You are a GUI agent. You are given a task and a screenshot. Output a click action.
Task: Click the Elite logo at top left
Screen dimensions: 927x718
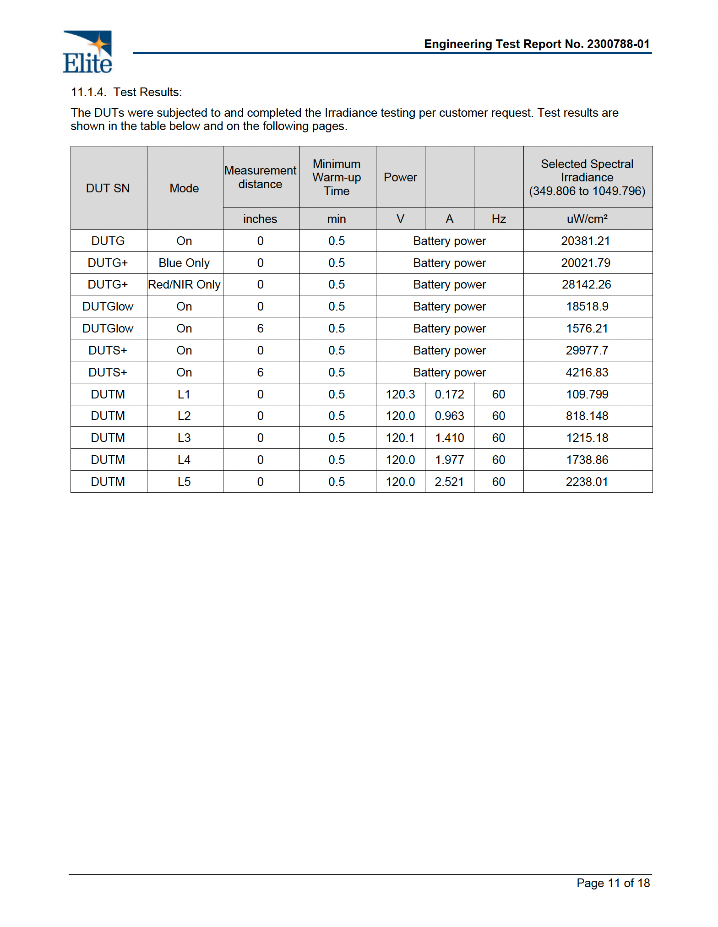[x=87, y=52]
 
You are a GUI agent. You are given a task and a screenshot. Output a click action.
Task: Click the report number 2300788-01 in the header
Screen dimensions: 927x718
[x=618, y=44]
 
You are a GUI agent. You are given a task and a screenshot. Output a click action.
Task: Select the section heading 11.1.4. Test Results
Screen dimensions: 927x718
[x=126, y=92]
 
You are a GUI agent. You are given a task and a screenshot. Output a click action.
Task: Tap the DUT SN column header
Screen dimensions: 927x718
[x=108, y=188]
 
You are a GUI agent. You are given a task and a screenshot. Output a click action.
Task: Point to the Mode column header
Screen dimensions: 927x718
[x=184, y=188]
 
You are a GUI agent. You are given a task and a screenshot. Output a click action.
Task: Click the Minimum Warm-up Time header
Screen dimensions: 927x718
[x=337, y=177]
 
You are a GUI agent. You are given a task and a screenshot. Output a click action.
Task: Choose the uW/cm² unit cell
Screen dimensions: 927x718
[x=587, y=219]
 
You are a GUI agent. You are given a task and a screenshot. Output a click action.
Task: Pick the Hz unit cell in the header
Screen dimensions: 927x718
[x=498, y=219]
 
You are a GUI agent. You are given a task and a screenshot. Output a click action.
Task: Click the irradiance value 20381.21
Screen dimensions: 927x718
[x=586, y=241]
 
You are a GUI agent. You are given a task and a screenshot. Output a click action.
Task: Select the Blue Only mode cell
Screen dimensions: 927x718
[x=184, y=263]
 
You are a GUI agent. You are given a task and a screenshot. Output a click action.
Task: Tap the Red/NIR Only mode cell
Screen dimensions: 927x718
[x=184, y=284]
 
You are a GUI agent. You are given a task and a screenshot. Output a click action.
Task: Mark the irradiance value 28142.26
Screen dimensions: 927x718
[x=586, y=284]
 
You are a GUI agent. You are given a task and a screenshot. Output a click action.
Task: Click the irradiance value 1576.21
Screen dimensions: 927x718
[x=587, y=328]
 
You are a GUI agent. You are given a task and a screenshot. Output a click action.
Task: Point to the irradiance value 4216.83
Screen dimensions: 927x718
[x=587, y=372]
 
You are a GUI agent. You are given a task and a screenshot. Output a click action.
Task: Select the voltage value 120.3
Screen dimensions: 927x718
[x=400, y=394]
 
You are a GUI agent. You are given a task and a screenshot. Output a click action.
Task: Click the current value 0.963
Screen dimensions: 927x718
[x=449, y=416]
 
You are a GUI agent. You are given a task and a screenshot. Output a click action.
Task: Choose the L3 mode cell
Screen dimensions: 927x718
[x=184, y=438]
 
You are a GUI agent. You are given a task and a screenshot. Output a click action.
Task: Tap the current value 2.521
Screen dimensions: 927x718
[x=449, y=482]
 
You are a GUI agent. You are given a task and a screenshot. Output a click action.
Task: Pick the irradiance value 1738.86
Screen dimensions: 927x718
[x=587, y=460]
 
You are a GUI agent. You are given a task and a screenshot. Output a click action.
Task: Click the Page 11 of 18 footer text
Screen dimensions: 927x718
[x=613, y=883]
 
